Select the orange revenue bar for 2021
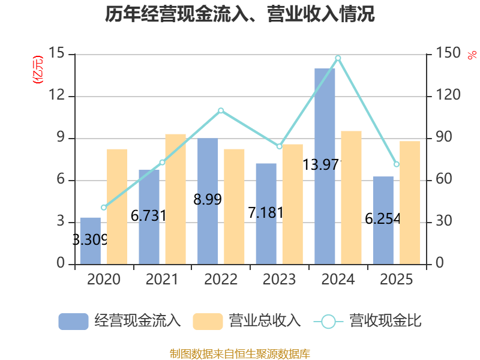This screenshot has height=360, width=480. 176,199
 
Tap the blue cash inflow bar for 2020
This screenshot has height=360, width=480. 91,240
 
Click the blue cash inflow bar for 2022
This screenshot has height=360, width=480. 208,201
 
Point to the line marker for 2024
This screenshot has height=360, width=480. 338,58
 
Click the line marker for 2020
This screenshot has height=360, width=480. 104,208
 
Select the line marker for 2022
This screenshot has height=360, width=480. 221,110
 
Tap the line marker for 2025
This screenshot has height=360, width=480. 397,164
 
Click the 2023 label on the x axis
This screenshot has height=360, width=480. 280,280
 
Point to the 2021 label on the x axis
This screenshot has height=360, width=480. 162,280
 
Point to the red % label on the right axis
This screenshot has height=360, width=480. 472,55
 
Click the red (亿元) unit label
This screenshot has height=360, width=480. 38,70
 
